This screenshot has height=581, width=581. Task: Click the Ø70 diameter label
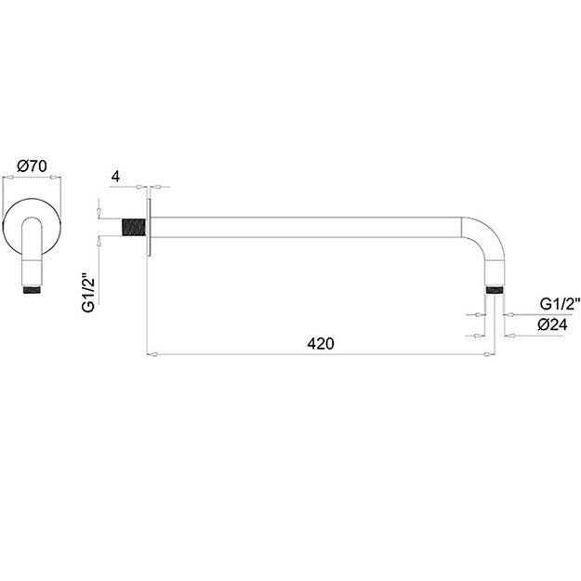point(33,166)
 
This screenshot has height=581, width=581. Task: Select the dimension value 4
point(115,177)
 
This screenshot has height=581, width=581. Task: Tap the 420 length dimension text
point(321,344)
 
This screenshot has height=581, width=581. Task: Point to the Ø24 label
point(552,325)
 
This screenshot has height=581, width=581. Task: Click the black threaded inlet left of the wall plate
point(134,227)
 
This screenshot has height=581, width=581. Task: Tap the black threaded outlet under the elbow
point(495,289)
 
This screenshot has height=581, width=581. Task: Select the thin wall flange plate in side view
point(149,227)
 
